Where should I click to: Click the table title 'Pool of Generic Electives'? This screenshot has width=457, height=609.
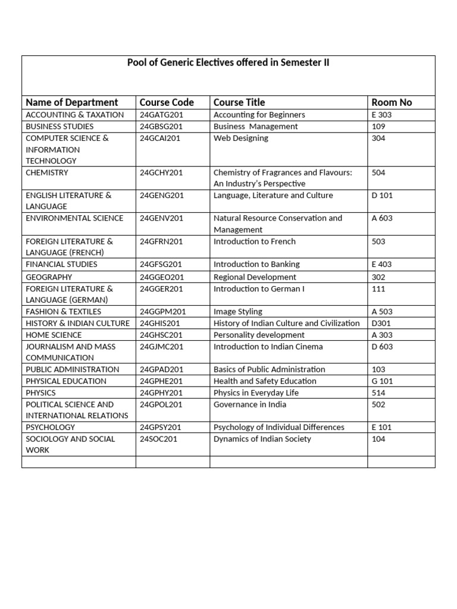pyautogui.click(x=228, y=63)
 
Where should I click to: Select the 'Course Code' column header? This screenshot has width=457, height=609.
pyautogui.click(x=167, y=102)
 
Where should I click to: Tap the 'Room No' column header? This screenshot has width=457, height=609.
pyautogui.click(x=392, y=102)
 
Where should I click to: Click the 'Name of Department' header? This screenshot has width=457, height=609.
pyautogui.click(x=72, y=102)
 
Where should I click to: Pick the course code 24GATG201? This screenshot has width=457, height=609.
pyautogui.click(x=161, y=115)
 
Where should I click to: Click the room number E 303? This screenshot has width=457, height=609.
pyautogui.click(x=381, y=115)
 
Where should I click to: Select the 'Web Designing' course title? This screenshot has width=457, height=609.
pyautogui.click(x=241, y=138)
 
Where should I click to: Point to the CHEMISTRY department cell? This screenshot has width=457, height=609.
pyautogui.click(x=47, y=172)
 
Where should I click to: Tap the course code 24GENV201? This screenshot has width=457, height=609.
pyautogui.click(x=161, y=218)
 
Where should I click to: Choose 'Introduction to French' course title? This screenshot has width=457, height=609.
pyautogui.click(x=255, y=241)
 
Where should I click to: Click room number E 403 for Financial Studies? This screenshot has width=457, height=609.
pyautogui.click(x=381, y=264)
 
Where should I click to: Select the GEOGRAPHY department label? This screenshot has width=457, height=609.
pyautogui.click(x=49, y=277)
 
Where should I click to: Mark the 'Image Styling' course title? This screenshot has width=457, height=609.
pyautogui.click(x=238, y=312)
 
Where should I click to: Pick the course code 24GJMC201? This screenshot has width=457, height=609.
pyautogui.click(x=161, y=347)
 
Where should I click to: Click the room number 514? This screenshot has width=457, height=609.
pyautogui.click(x=378, y=393)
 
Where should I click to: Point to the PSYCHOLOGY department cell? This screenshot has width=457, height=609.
pyautogui.click(x=51, y=427)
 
